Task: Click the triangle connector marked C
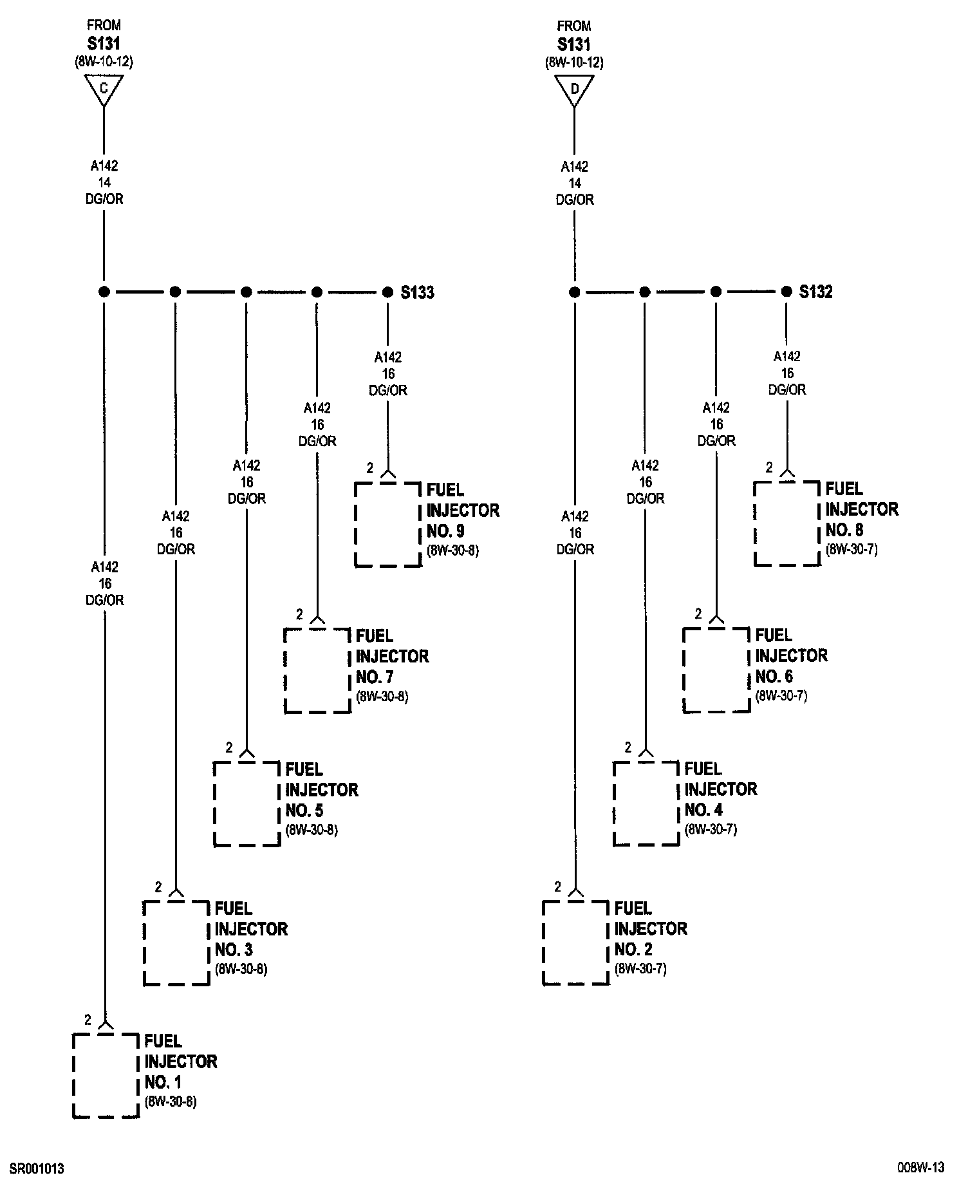(x=104, y=89)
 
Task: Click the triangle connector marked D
(x=574, y=89)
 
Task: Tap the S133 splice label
(x=417, y=293)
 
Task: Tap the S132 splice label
(x=815, y=292)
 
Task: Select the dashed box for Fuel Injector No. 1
(x=106, y=1074)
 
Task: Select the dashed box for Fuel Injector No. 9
(x=387, y=524)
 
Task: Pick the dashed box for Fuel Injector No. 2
(x=575, y=943)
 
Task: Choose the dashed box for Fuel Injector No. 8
(x=786, y=523)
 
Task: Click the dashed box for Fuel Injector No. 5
(x=247, y=803)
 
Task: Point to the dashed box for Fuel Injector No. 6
(x=716, y=670)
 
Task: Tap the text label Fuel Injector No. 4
(x=720, y=789)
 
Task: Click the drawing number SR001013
(x=36, y=1168)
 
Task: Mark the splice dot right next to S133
(x=387, y=292)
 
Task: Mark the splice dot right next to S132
(x=786, y=292)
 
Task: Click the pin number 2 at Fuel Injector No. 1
(x=88, y=1020)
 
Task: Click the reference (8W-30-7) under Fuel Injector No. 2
(x=640, y=969)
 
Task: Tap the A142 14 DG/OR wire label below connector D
(x=574, y=183)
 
